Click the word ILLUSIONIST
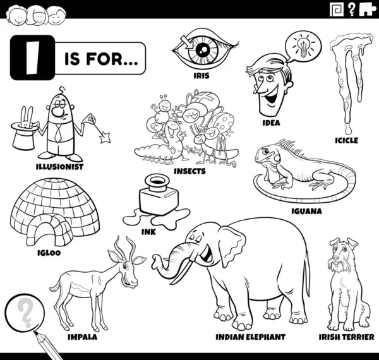coord(60,167)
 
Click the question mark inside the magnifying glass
coord(24,311)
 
